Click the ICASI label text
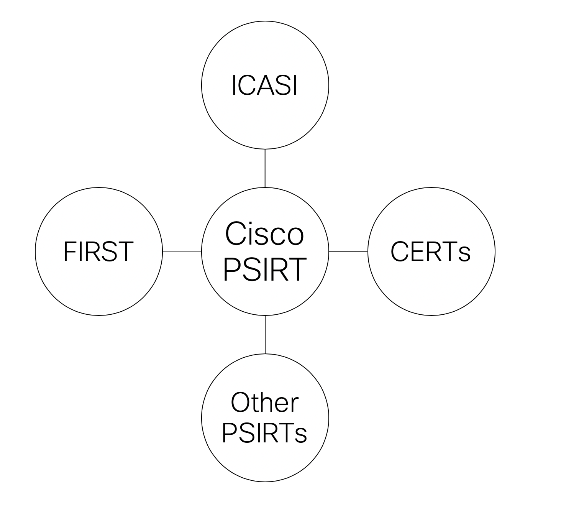[264, 85]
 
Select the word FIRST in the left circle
[98, 251]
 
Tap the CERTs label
[430, 252]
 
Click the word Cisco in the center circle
[264, 233]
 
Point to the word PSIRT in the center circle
[264, 270]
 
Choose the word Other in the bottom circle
[264, 403]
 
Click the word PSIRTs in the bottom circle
[264, 433]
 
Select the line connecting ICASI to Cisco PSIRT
[265, 168]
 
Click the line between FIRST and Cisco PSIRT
[182, 251]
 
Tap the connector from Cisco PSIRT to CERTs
[348, 252]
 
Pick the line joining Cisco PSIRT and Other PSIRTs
[265, 334]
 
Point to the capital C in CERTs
[399, 252]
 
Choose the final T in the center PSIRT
[297, 270]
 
